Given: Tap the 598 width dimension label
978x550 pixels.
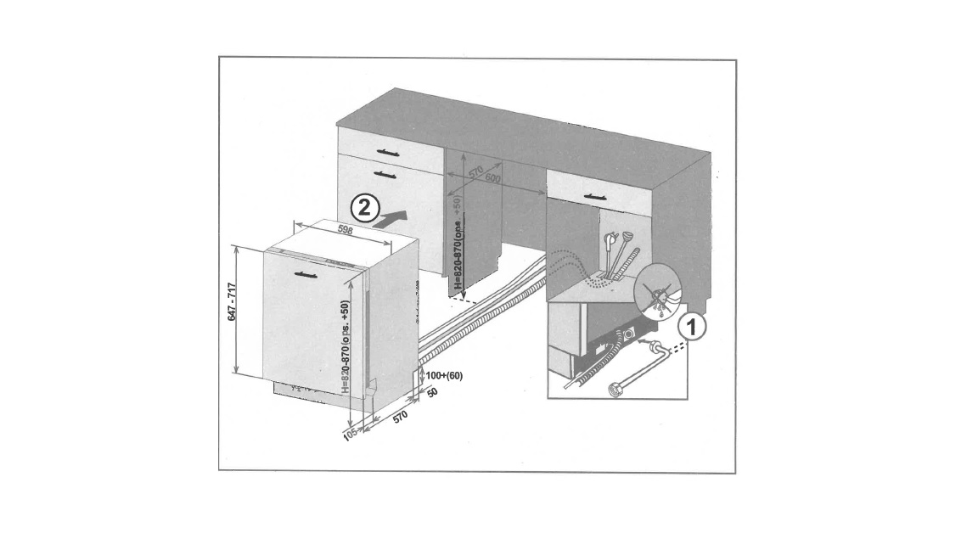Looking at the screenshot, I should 345,230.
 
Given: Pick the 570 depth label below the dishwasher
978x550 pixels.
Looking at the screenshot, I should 401,417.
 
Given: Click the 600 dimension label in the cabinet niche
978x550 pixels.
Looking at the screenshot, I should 494,178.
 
